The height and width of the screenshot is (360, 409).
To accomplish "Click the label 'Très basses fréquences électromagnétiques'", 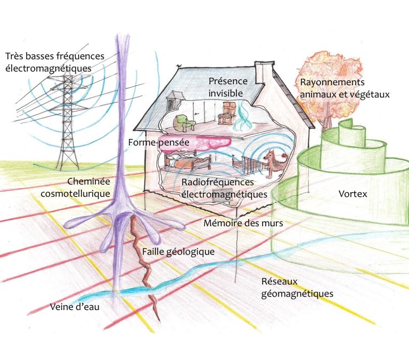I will (x=55, y=62).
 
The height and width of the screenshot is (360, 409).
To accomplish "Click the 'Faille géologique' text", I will (x=178, y=251).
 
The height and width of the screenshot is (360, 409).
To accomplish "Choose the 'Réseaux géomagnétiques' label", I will (x=297, y=288).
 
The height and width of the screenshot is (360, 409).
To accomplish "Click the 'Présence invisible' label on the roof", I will (x=228, y=87).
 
